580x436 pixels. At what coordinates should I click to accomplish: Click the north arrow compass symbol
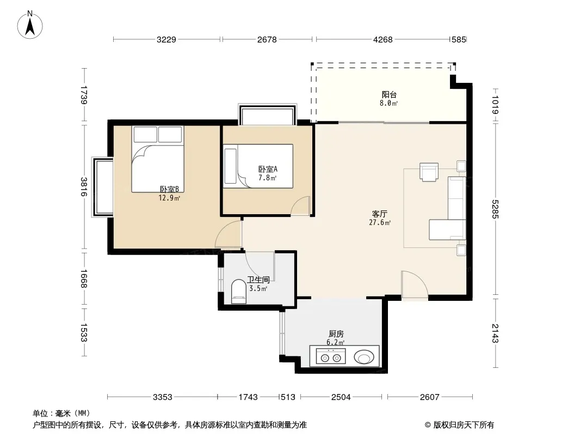(x=30, y=25)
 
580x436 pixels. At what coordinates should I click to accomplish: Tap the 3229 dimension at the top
(x=166, y=40)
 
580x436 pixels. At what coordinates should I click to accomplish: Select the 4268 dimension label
(x=382, y=40)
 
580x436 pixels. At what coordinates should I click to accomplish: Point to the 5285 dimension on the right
(x=495, y=209)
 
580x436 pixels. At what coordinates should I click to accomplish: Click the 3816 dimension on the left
(x=84, y=187)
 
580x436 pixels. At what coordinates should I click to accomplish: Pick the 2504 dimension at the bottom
(x=341, y=397)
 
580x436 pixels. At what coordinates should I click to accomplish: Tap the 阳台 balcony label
(x=389, y=94)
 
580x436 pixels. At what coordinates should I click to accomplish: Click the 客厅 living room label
(x=380, y=214)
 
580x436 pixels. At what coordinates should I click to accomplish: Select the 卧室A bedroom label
(x=268, y=169)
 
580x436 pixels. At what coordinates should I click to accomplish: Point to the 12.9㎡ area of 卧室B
(x=169, y=198)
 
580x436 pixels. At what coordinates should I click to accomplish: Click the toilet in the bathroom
(x=239, y=292)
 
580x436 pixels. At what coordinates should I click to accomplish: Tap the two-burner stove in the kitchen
(x=331, y=357)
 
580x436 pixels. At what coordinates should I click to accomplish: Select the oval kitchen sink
(x=364, y=357)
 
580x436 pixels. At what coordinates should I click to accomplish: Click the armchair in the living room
(x=429, y=172)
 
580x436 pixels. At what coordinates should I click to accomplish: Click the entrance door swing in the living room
(x=415, y=284)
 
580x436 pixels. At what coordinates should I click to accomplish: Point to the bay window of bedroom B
(x=103, y=187)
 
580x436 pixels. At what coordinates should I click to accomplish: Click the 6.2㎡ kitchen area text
(x=336, y=343)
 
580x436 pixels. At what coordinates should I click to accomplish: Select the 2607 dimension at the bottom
(x=429, y=397)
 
